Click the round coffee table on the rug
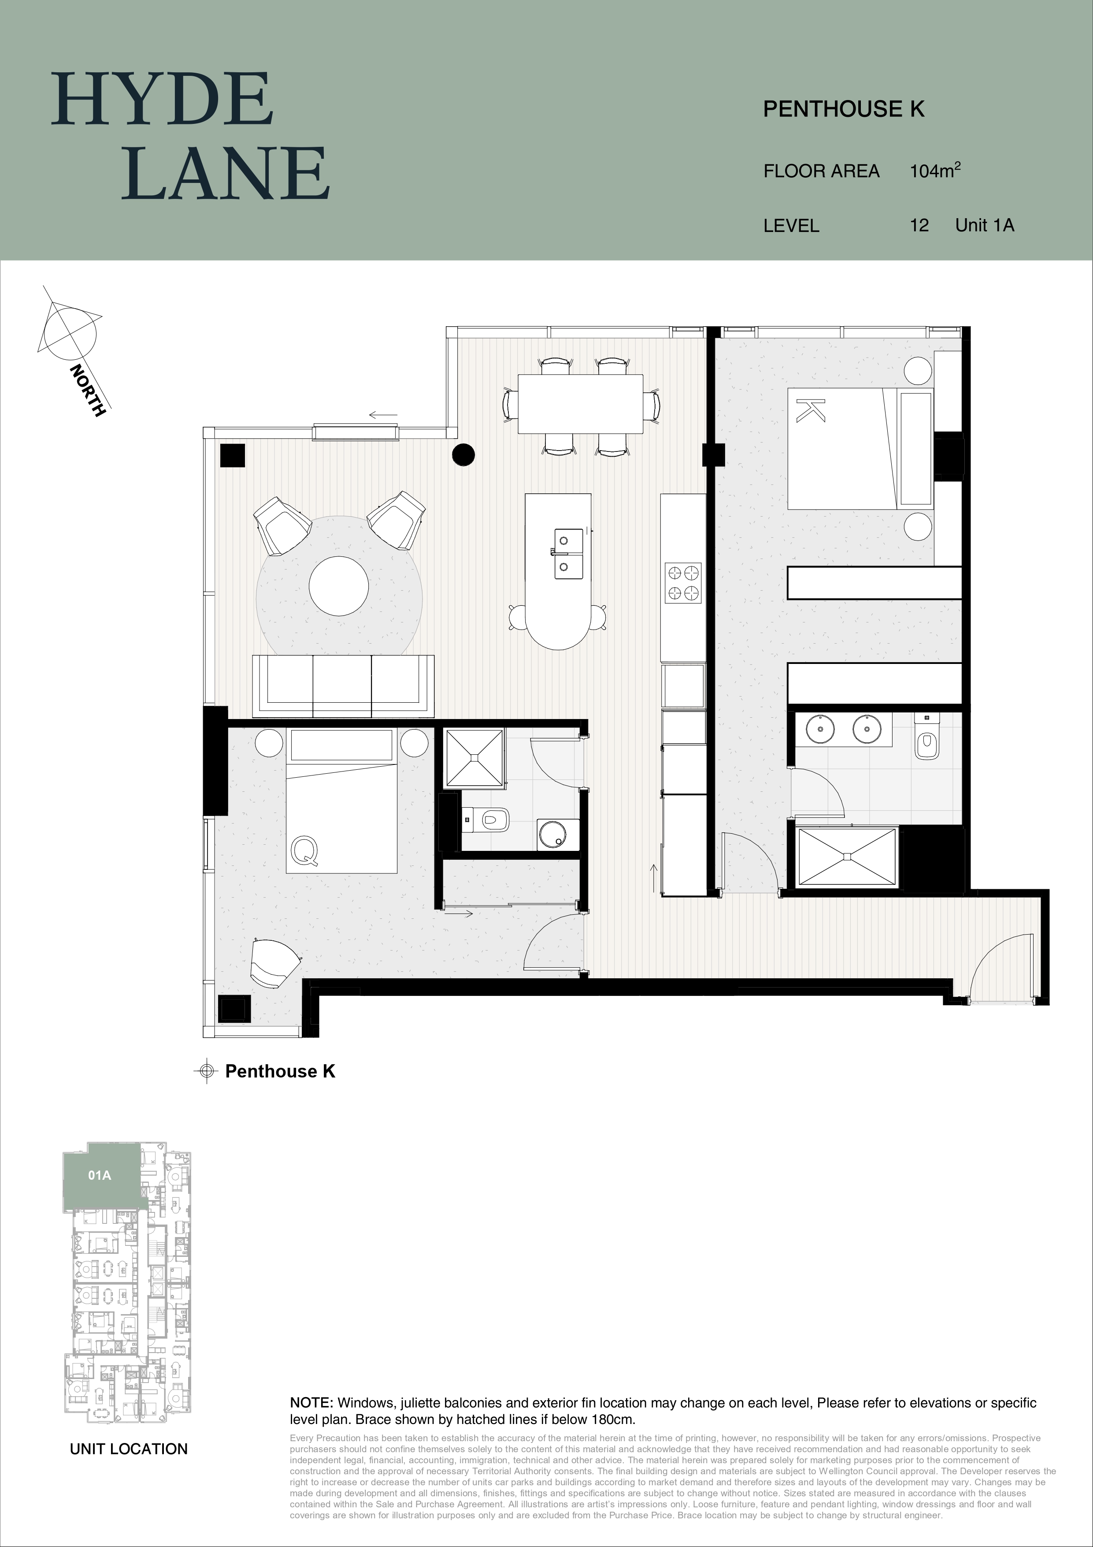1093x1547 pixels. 339,585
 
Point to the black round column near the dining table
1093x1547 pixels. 463,455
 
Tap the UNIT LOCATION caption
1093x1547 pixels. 129,1449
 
